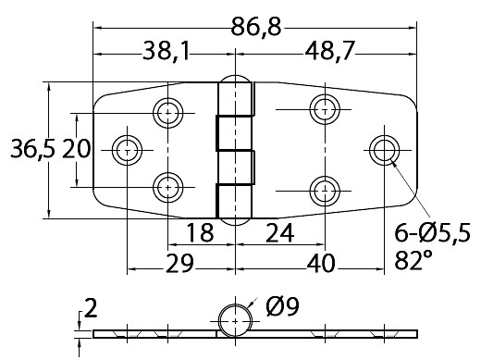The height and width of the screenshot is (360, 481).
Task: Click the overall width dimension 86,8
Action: tap(256, 27)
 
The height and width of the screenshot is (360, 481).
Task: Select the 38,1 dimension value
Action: tap(166, 51)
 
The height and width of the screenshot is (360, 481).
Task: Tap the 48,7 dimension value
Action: tap(328, 51)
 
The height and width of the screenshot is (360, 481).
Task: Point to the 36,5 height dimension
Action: tap(32, 148)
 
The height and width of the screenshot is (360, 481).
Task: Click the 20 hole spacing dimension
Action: tap(77, 148)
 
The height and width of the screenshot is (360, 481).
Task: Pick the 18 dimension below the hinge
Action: tap(200, 233)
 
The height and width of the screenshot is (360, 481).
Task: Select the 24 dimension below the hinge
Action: tap(279, 233)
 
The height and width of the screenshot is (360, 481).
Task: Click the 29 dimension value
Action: tap(179, 264)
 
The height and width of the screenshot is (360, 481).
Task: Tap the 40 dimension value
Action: tap(321, 264)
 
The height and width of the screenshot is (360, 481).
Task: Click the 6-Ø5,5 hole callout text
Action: tap(433, 232)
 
